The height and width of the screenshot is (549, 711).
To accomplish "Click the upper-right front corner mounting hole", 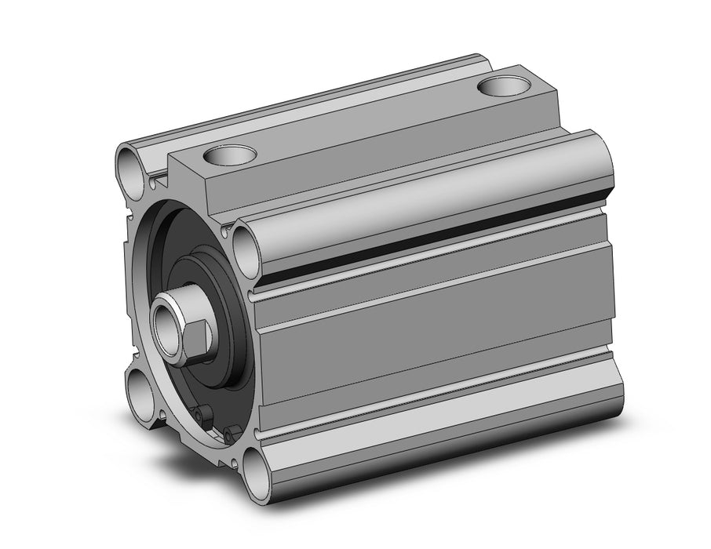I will [245, 247].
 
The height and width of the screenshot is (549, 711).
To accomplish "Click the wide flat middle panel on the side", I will [439, 329].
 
